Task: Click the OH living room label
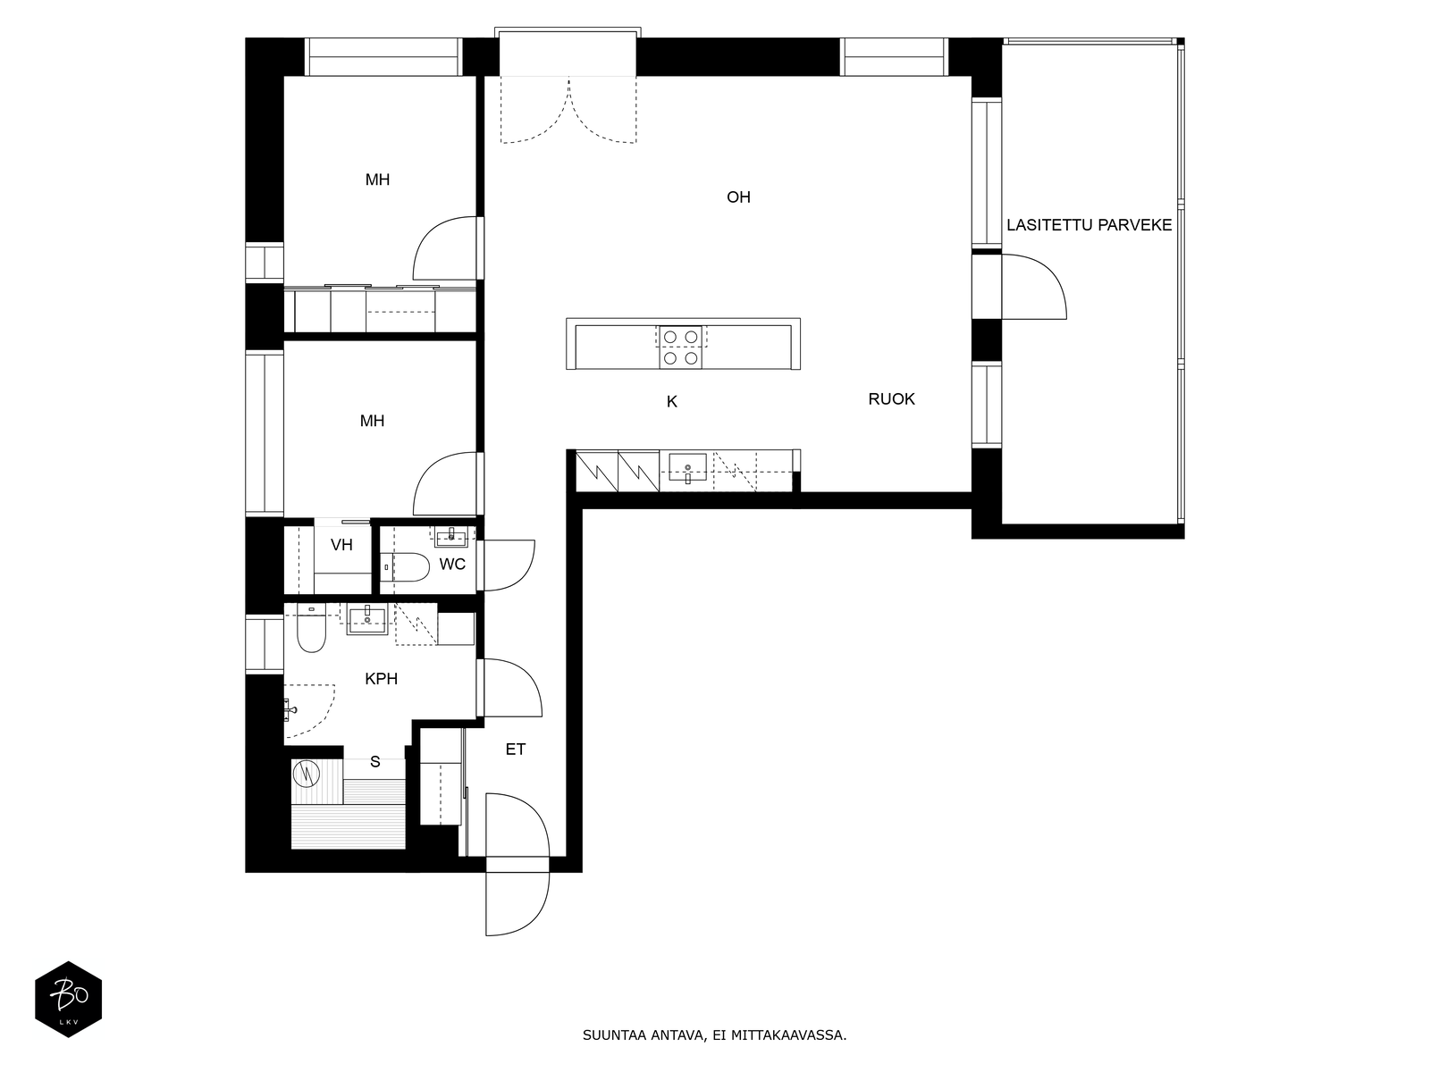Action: click(x=738, y=197)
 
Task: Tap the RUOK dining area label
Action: click(x=891, y=399)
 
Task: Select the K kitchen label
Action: click(x=672, y=402)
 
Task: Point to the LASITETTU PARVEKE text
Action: click(x=1089, y=225)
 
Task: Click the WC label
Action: click(x=452, y=565)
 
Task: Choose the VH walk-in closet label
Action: click(x=341, y=545)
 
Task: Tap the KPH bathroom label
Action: click(x=381, y=679)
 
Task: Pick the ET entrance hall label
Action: click(x=516, y=750)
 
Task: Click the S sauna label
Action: click(x=375, y=761)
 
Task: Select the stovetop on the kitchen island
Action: click(x=681, y=348)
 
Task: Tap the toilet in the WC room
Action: click(x=405, y=567)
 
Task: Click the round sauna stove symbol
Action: click(x=307, y=774)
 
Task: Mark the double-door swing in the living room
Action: click(x=568, y=111)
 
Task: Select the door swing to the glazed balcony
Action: click(x=1034, y=287)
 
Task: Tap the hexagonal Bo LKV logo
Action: click(x=69, y=999)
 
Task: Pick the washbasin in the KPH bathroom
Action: click(x=367, y=618)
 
